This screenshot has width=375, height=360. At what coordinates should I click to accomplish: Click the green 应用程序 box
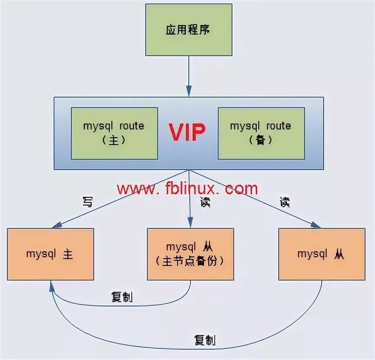188,30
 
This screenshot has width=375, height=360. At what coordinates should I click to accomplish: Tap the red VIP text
187,132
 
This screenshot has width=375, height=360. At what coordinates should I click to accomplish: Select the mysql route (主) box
114,133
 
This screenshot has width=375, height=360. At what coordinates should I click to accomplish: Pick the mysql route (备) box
261,133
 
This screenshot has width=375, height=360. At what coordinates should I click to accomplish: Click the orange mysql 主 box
50,254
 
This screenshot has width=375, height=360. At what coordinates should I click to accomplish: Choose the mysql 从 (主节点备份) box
190,254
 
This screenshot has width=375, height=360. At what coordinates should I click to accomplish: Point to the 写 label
87,202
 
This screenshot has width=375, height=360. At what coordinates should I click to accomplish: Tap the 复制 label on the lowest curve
205,340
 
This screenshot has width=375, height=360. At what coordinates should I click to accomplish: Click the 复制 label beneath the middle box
122,297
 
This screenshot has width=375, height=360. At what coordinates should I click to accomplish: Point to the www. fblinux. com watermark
187,189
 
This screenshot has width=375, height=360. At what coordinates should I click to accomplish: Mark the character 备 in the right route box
261,140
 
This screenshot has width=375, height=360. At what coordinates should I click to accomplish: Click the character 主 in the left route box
114,140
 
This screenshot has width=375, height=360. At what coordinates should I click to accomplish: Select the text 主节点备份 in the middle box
190,261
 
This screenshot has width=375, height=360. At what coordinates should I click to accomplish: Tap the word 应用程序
188,30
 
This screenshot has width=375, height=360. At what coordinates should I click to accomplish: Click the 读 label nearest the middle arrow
205,202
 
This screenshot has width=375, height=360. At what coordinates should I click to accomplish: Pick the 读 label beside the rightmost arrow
284,202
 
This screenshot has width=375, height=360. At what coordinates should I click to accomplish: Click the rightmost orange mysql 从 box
321,254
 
